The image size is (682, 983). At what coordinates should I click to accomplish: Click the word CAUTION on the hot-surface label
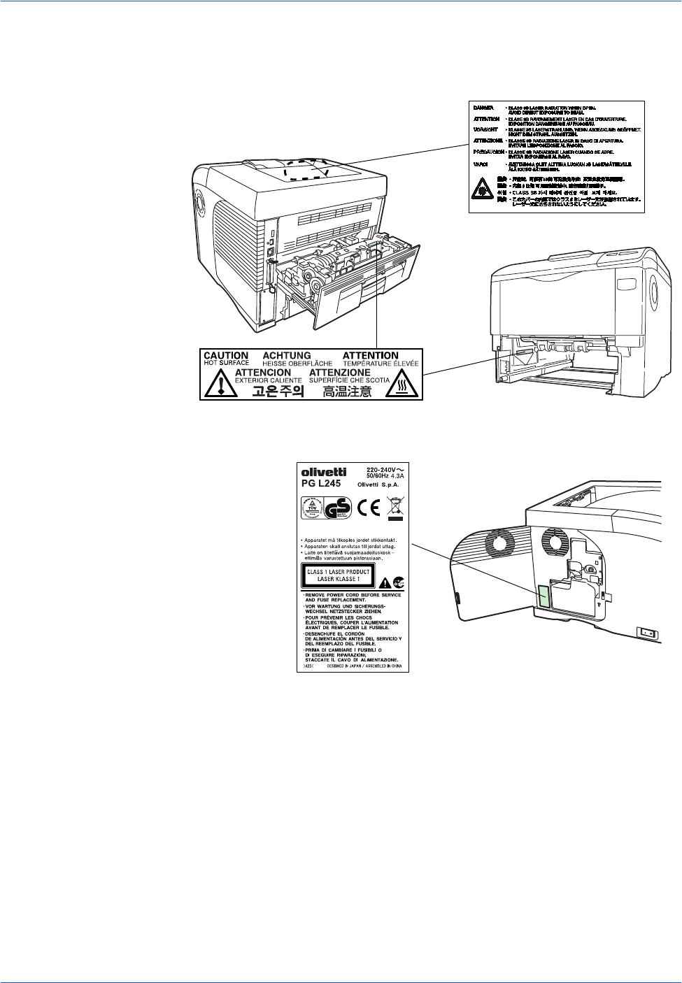[x=225, y=356]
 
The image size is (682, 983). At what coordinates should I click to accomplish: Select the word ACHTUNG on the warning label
[x=286, y=356]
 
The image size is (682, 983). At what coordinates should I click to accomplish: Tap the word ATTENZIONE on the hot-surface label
[x=340, y=373]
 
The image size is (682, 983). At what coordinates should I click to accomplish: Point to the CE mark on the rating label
[x=368, y=508]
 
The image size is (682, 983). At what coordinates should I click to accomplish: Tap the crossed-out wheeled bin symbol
[x=395, y=508]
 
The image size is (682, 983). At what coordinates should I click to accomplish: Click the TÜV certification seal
[x=311, y=508]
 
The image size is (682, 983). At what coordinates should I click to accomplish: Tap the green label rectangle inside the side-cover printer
[x=542, y=594]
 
